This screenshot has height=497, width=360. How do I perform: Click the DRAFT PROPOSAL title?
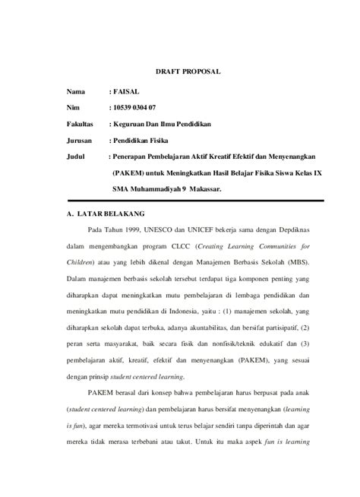[x=188, y=71]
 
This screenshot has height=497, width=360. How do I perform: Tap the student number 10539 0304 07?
[x=140, y=107]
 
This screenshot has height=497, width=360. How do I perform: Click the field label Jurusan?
[x=79, y=141]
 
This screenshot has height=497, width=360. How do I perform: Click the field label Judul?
[x=76, y=158]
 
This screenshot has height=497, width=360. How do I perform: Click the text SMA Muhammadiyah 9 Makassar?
[x=166, y=190]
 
